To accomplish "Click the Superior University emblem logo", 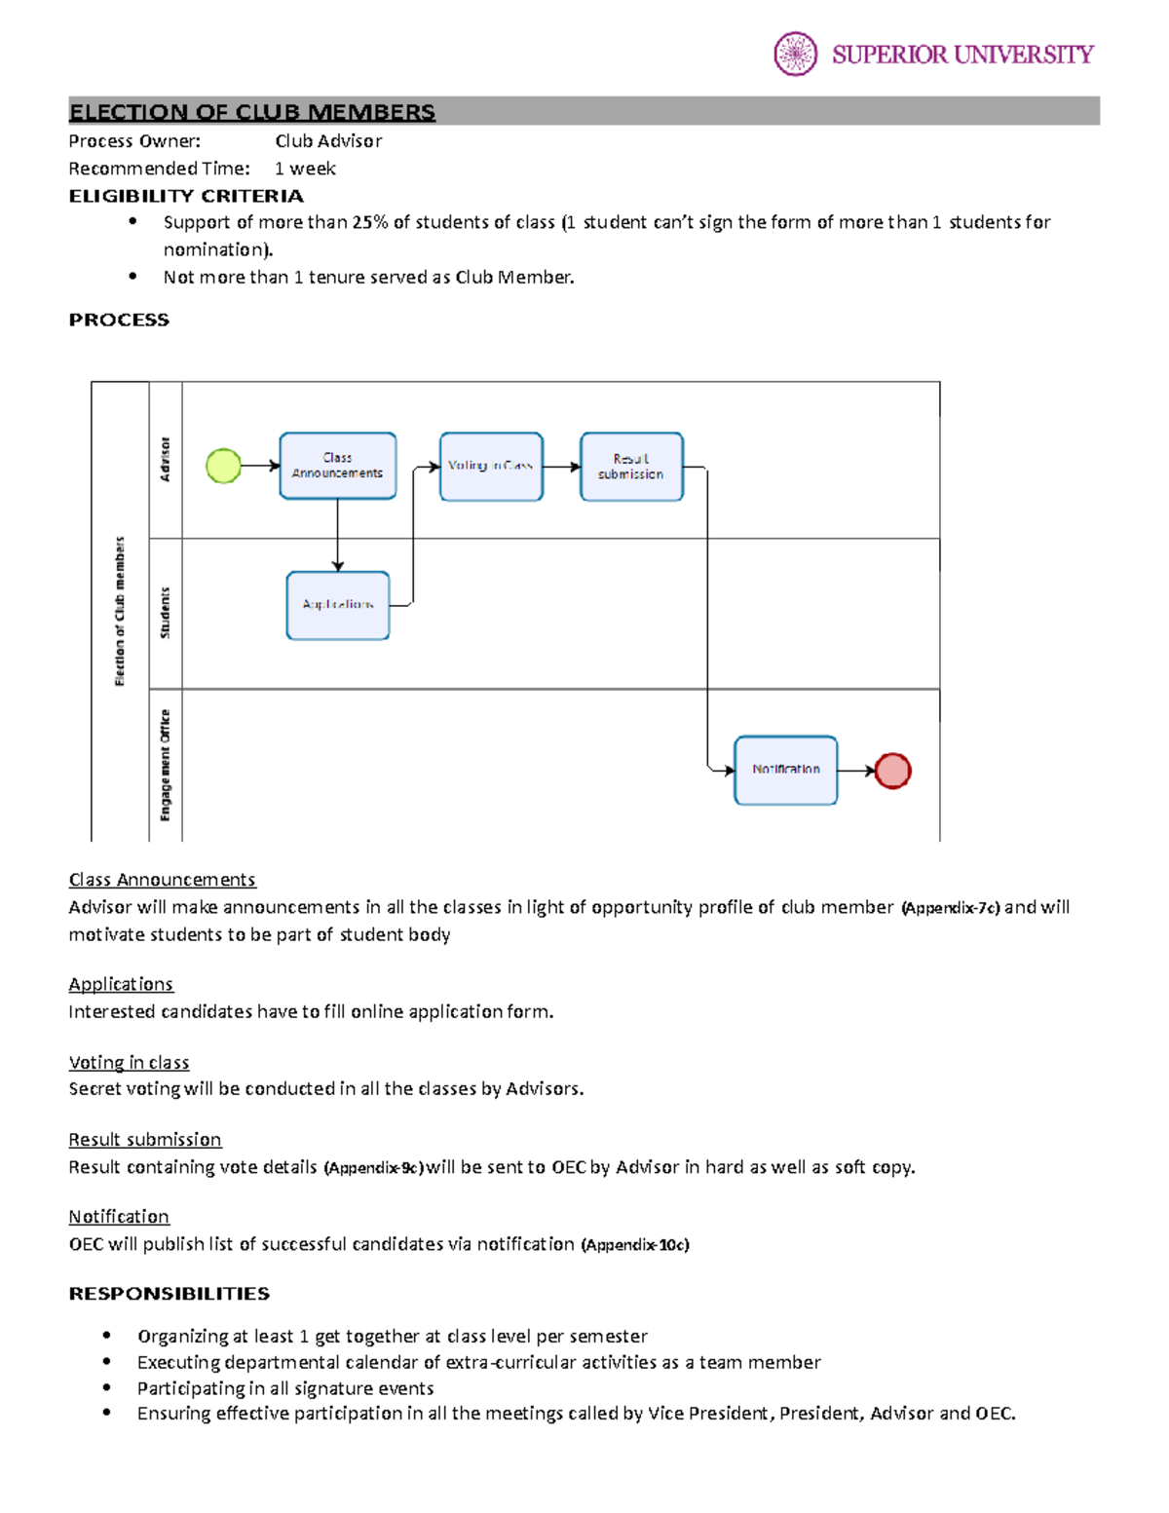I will point(795,54).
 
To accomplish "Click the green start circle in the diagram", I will point(224,466).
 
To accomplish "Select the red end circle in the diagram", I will point(892,771).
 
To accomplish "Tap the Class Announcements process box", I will point(337,466).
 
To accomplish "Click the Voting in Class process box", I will point(491,467).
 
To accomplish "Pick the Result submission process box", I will point(631,467).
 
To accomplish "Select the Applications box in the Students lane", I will point(338,605).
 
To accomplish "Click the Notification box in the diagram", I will point(785,770).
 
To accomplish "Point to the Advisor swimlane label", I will point(165,459).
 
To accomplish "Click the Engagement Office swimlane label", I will point(165,765).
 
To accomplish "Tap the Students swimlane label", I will point(165,613).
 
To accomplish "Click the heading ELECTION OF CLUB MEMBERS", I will point(252,112).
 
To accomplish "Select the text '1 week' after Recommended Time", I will point(305,169).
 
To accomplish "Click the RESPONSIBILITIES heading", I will point(169,1294).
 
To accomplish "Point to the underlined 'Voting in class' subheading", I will point(129,1062).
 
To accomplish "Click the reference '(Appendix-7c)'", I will point(951,908).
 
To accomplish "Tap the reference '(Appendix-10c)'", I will point(635,1245).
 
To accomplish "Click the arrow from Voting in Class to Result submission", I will point(561,467).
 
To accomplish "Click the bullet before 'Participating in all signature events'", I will point(107,1387).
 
